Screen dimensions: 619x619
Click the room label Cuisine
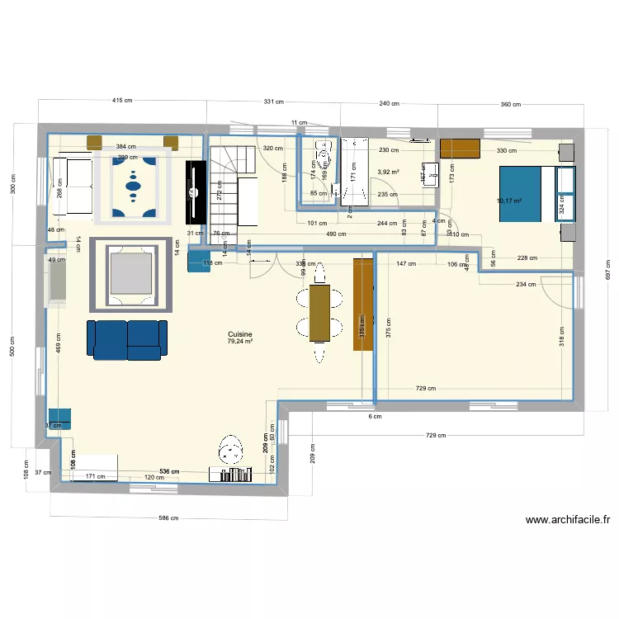pos(241,334)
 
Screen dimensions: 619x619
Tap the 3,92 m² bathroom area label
pos(388,172)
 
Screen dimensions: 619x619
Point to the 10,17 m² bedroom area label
pos(510,200)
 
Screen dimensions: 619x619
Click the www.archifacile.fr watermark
pos(567,520)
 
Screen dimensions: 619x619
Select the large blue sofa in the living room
pos(125,340)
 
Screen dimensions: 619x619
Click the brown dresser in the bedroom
pos(460,149)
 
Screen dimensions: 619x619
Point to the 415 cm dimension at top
pos(122,100)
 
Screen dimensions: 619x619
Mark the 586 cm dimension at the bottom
pos(168,518)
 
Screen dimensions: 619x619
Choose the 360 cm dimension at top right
pos(510,105)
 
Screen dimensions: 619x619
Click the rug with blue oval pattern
pos(134,187)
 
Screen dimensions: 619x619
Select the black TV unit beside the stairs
pos(196,191)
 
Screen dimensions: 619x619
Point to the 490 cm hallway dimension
pos(335,234)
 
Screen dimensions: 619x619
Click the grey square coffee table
pos(131,275)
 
